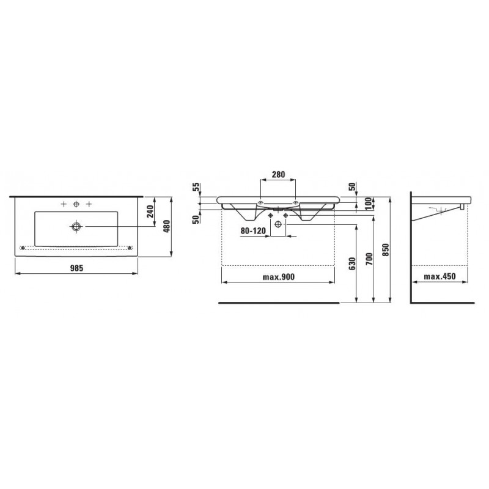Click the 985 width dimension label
click(x=76, y=268)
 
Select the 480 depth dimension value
click(x=166, y=226)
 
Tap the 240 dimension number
click(x=150, y=211)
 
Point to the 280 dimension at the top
click(x=278, y=174)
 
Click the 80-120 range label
click(x=253, y=231)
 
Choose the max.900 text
click(x=279, y=277)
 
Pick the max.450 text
click(x=439, y=276)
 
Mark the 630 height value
click(x=352, y=263)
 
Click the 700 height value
click(x=369, y=259)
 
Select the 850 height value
click(x=386, y=250)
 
